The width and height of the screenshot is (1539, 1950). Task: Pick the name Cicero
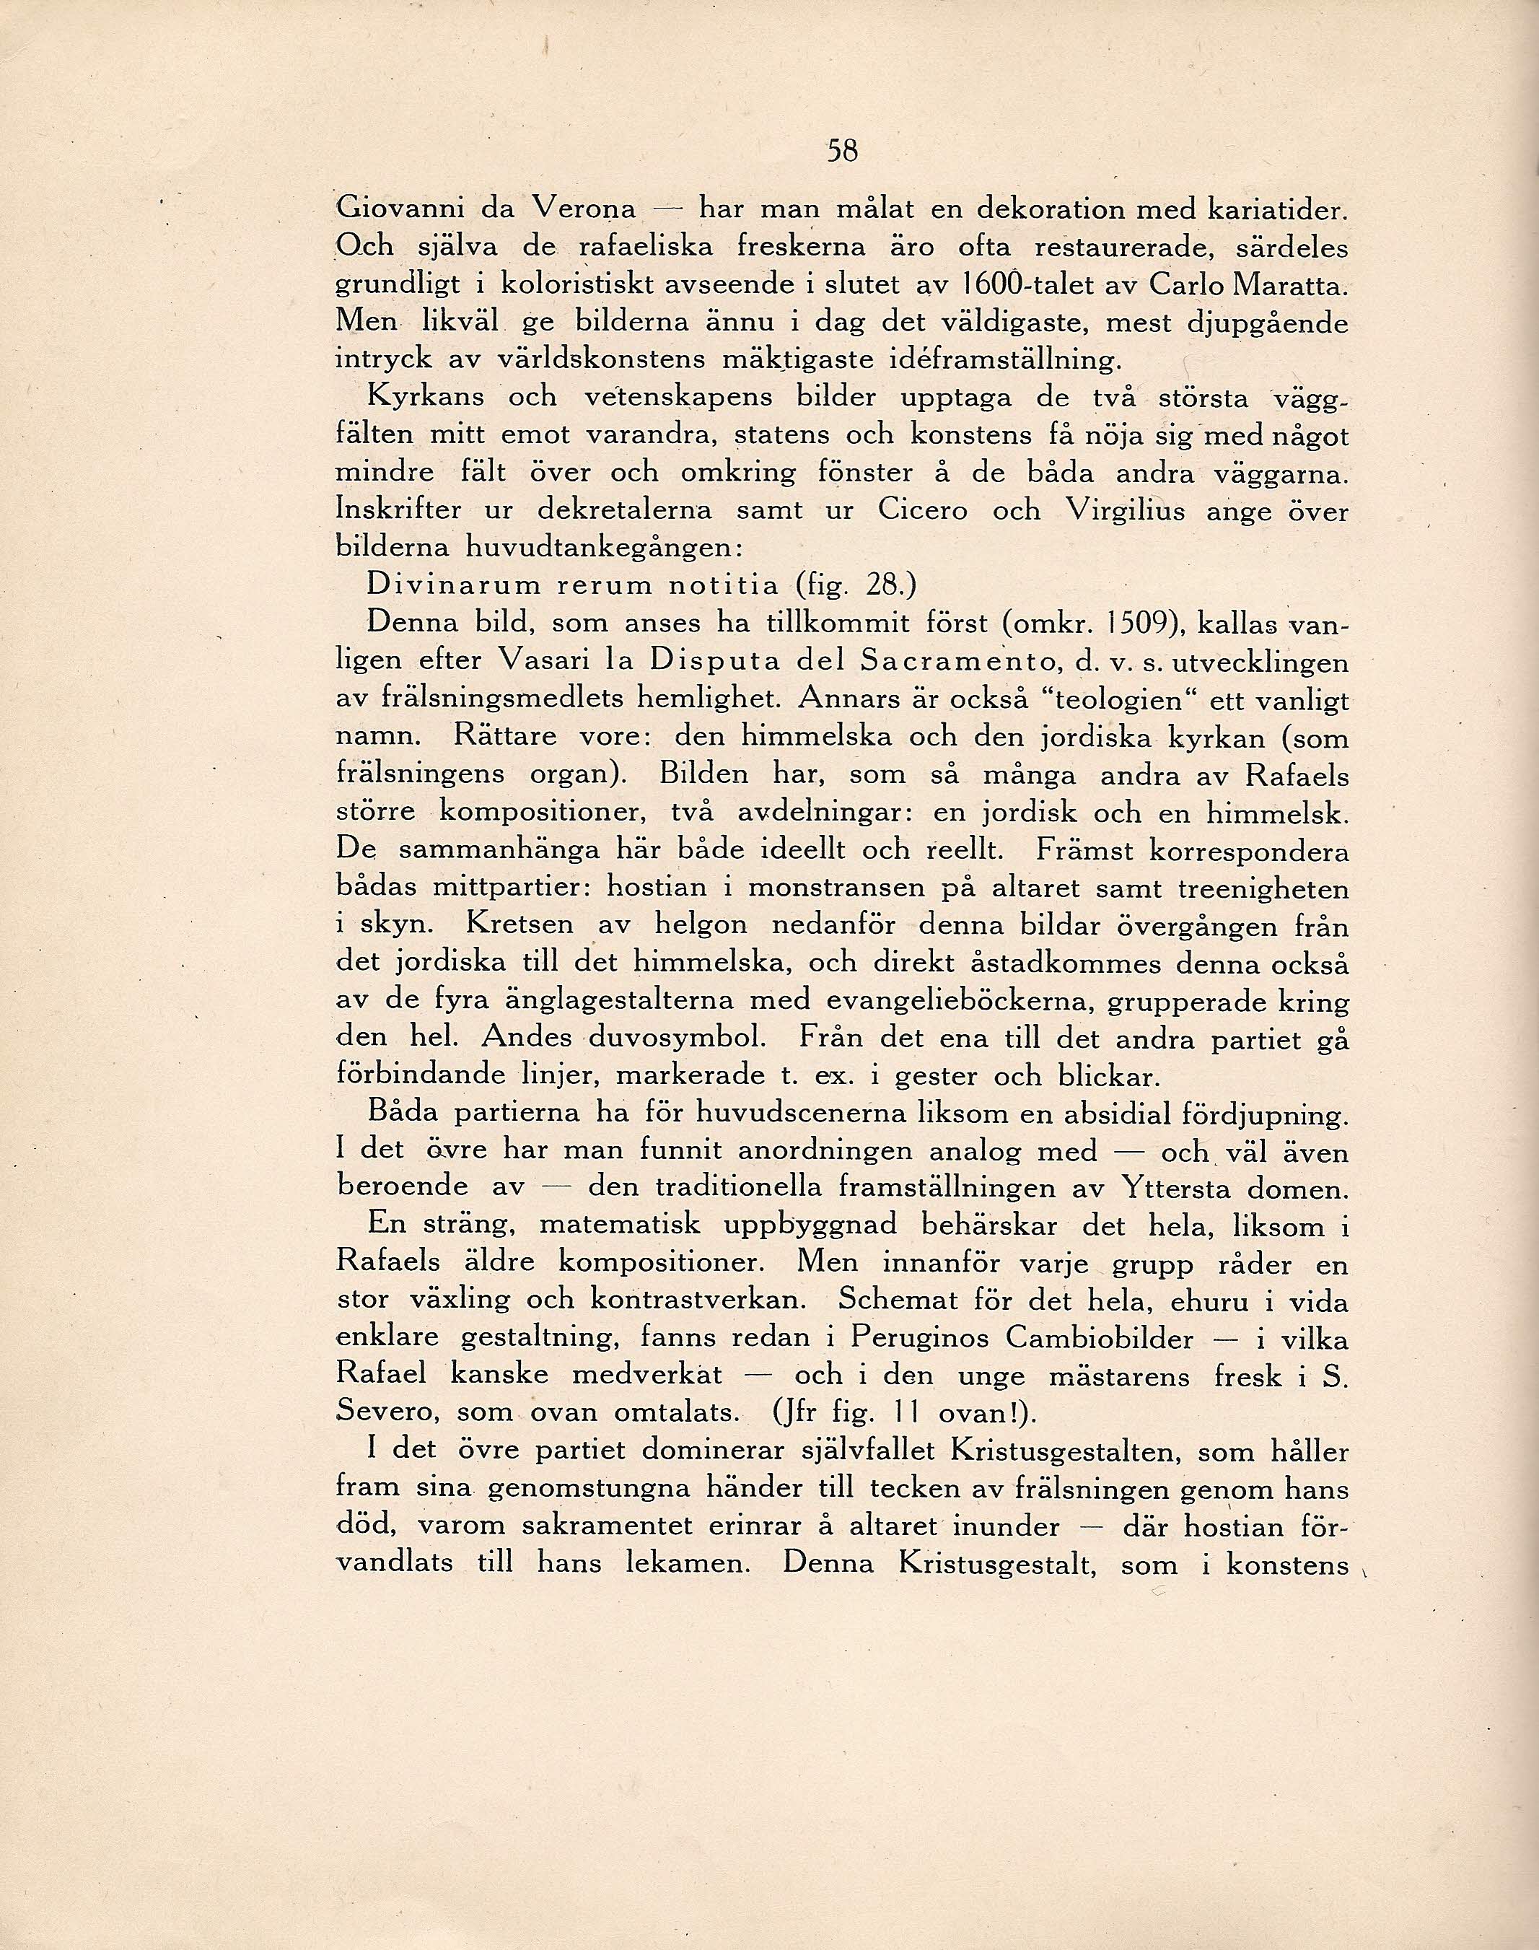coord(923,511)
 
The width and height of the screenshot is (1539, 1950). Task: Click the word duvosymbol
coord(678,1038)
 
